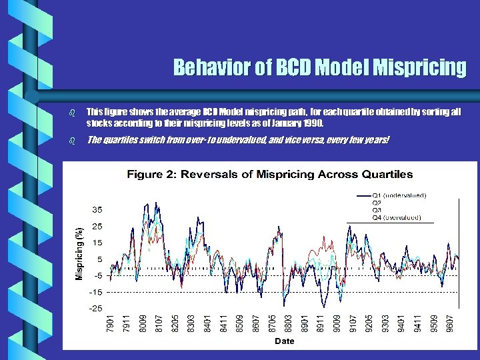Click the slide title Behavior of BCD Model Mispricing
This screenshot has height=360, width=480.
point(319,68)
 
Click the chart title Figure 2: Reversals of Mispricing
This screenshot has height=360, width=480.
point(270,175)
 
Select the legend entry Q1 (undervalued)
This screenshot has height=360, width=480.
point(399,195)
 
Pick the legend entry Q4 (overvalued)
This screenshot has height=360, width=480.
point(396,217)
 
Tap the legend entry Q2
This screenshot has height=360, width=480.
point(377,203)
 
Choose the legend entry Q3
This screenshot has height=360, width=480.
point(377,210)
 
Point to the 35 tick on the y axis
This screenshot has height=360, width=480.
point(97,209)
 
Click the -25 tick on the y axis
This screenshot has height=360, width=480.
point(95,308)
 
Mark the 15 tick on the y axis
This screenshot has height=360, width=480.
point(97,243)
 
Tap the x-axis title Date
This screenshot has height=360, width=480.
point(285,341)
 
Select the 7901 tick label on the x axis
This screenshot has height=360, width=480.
point(111,324)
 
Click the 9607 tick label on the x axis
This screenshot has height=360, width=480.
point(450,324)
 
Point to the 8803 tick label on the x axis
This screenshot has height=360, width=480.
point(287,324)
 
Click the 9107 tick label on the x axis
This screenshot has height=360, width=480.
point(353,324)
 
